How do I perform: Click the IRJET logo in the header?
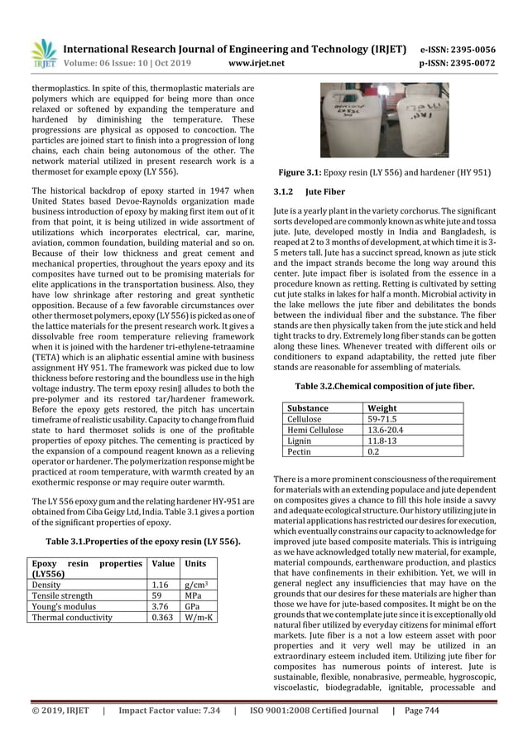(41, 52)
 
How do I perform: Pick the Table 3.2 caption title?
(385, 384)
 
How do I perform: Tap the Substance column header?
(307, 408)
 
